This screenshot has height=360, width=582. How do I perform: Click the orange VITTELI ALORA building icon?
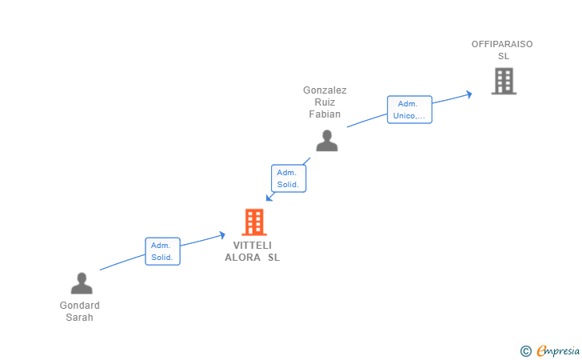coord(253,222)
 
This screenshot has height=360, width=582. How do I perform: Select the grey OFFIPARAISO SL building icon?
coord(504,81)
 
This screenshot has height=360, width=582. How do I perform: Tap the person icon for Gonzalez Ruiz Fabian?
coord(326,140)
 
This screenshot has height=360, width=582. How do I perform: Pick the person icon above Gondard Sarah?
coord(82,283)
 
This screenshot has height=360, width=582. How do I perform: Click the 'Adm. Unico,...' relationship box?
coord(409,110)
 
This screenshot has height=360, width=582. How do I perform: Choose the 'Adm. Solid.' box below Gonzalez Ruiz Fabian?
coord(288,178)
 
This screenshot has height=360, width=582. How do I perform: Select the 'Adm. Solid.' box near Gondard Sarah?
coord(162,251)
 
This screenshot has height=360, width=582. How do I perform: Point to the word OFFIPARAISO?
coord(502,44)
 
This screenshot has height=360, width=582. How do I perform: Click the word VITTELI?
coord(253,246)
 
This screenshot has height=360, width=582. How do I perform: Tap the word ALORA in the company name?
coord(242,258)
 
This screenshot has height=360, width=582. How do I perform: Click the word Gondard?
coord(80,306)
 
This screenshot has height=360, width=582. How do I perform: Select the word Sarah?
coord(80,317)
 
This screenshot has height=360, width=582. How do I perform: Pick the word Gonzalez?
coord(325,90)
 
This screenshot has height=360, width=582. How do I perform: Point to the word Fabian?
coord(325,114)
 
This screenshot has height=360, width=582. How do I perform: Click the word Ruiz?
coord(325,102)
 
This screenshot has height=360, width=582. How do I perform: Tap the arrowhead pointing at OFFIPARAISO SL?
coord(468,94)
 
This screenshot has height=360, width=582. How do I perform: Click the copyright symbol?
coord(525,350)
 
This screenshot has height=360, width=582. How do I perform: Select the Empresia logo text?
coord(558,350)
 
